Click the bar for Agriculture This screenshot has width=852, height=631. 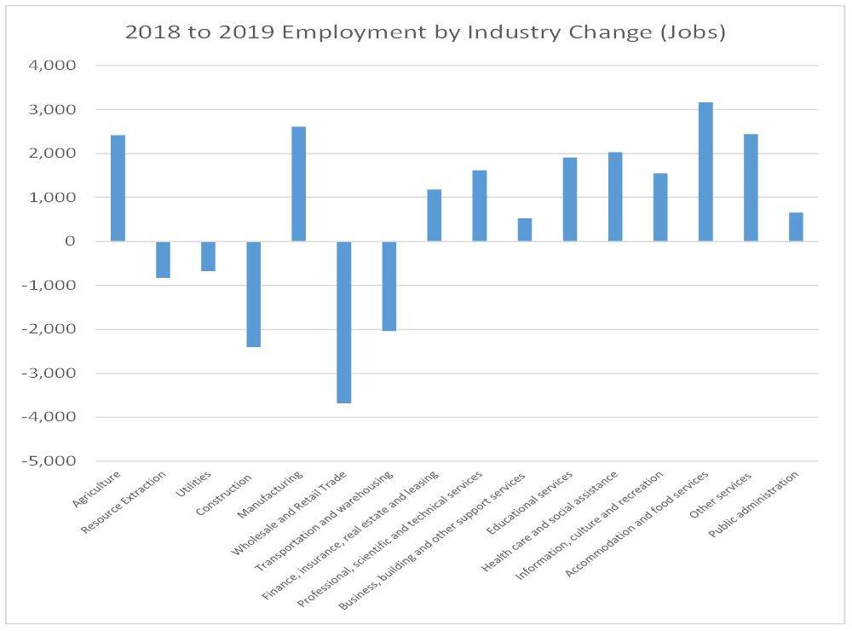pyautogui.click(x=118, y=188)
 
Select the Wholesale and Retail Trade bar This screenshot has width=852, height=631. pyautogui.click(x=343, y=322)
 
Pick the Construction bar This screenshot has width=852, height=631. pyautogui.click(x=253, y=294)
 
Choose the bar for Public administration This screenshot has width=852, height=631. pyautogui.click(x=796, y=227)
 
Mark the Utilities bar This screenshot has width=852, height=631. pyautogui.click(x=208, y=256)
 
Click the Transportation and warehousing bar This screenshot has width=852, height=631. pyautogui.click(x=389, y=286)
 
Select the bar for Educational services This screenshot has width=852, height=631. pyautogui.click(x=570, y=200)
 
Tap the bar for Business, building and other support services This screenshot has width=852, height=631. pyautogui.click(x=525, y=229)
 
